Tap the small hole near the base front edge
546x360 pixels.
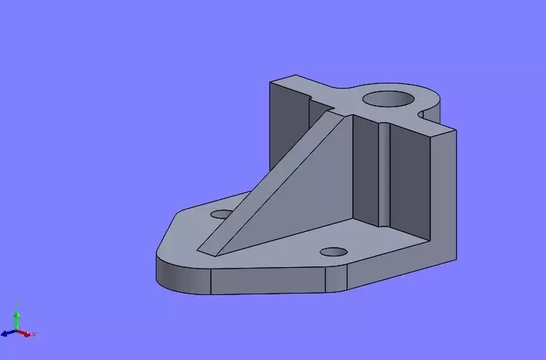pos(333,251)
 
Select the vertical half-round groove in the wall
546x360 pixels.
pos(384,171)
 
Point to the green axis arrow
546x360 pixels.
pos(16,317)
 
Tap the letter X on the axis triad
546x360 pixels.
pos(34,334)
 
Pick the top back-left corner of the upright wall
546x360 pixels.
pos(270,82)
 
